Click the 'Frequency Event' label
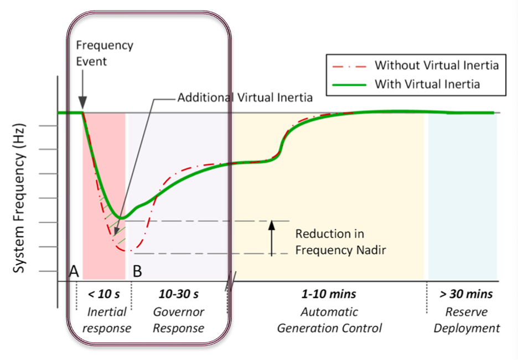[x=105, y=53]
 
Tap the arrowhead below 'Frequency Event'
[x=82, y=103]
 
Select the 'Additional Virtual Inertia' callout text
[x=245, y=97]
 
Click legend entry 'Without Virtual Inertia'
[x=436, y=65]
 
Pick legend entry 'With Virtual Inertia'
[x=427, y=84]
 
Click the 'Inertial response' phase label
[x=106, y=320]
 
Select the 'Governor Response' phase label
[x=178, y=320]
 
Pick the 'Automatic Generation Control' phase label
[x=329, y=320]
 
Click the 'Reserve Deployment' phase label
[x=466, y=320]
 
